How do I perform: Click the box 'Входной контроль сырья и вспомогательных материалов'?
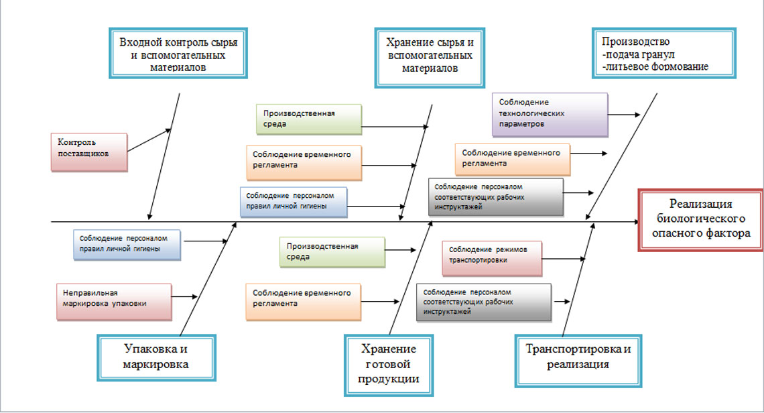[178, 53]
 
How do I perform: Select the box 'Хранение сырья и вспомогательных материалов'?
[430, 58]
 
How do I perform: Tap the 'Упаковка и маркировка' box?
[156, 357]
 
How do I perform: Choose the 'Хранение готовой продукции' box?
[389, 365]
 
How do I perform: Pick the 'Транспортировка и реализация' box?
[578, 361]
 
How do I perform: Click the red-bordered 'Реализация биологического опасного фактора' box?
[700, 220]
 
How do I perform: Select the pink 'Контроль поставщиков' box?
[89, 152]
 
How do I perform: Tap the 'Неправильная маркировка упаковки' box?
[114, 302]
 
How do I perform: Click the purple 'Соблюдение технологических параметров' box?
[550, 115]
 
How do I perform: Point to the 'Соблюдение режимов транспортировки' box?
[492, 258]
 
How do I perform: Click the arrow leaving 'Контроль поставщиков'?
[149, 140]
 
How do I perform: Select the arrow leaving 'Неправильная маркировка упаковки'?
[185, 296]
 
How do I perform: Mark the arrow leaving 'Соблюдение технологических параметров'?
[624, 115]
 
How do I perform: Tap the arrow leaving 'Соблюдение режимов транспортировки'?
[564, 259]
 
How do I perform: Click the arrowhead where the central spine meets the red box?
[637, 222]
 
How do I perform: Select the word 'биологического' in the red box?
[700, 218]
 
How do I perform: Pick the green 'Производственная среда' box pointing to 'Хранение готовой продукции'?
[332, 251]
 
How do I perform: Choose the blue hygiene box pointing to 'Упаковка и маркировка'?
[127, 244]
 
